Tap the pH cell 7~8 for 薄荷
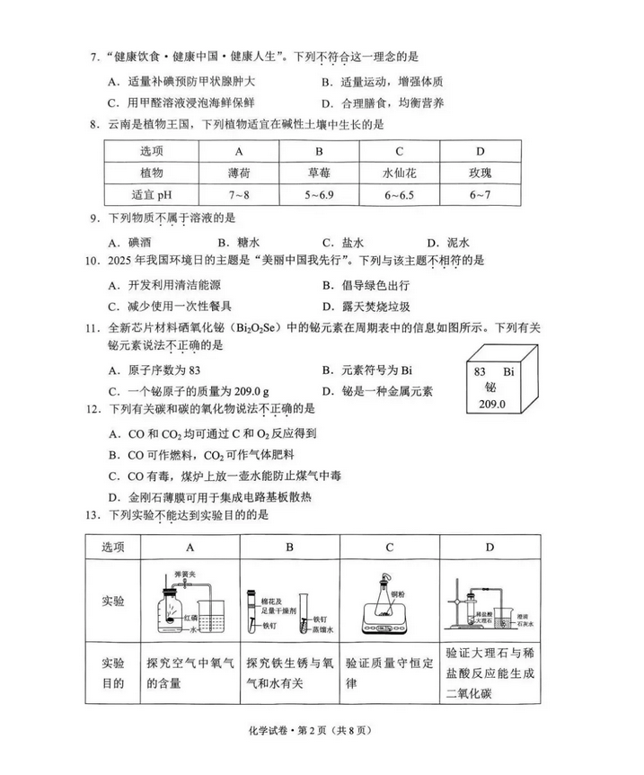(x=239, y=193)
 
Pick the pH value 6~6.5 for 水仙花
(x=399, y=193)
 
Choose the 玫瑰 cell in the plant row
(x=480, y=172)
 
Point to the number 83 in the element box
(x=479, y=371)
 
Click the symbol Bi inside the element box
(x=507, y=371)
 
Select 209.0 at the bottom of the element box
(x=493, y=405)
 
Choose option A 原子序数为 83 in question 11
(x=158, y=370)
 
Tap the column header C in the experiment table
(x=390, y=547)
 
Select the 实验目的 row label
(x=113, y=673)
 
